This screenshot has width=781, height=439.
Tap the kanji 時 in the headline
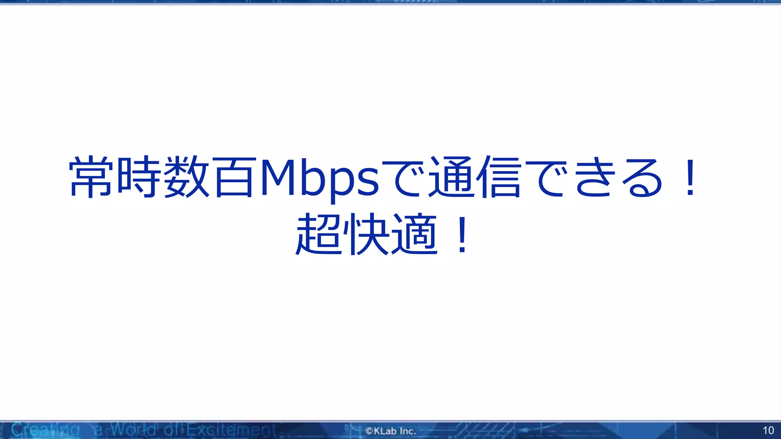coord(139,177)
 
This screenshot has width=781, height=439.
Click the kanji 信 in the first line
coord(500,177)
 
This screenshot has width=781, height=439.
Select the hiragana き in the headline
coord(596,177)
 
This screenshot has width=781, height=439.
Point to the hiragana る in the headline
coord(643,177)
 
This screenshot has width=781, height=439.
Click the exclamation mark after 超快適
coord(462,235)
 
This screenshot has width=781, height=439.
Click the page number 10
coord(768,431)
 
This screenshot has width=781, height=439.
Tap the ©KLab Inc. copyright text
coord(390,431)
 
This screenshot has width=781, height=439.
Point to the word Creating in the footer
coord(45,430)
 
